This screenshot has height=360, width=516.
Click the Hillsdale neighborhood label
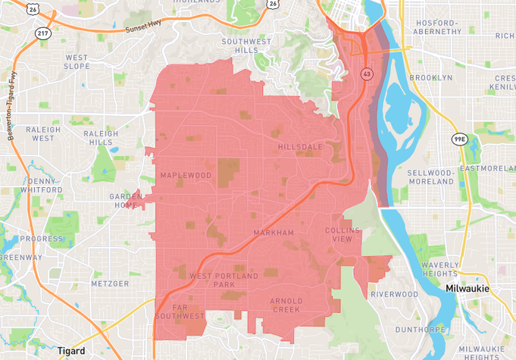[300, 146]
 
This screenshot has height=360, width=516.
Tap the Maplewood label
[186, 175]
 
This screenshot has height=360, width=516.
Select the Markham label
[274, 233]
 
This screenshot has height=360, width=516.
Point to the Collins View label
[339, 234]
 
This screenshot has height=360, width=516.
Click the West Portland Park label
[224, 280]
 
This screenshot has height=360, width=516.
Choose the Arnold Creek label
[286, 305]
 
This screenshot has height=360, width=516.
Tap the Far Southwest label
[180, 310]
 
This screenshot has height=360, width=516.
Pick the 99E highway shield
[459, 139]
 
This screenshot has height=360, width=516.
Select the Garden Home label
[126, 201]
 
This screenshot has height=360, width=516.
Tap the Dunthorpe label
[418, 330]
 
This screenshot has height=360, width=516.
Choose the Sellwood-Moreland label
[430, 177]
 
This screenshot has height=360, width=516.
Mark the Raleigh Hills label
[105, 137]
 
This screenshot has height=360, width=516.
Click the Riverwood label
[395, 294]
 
